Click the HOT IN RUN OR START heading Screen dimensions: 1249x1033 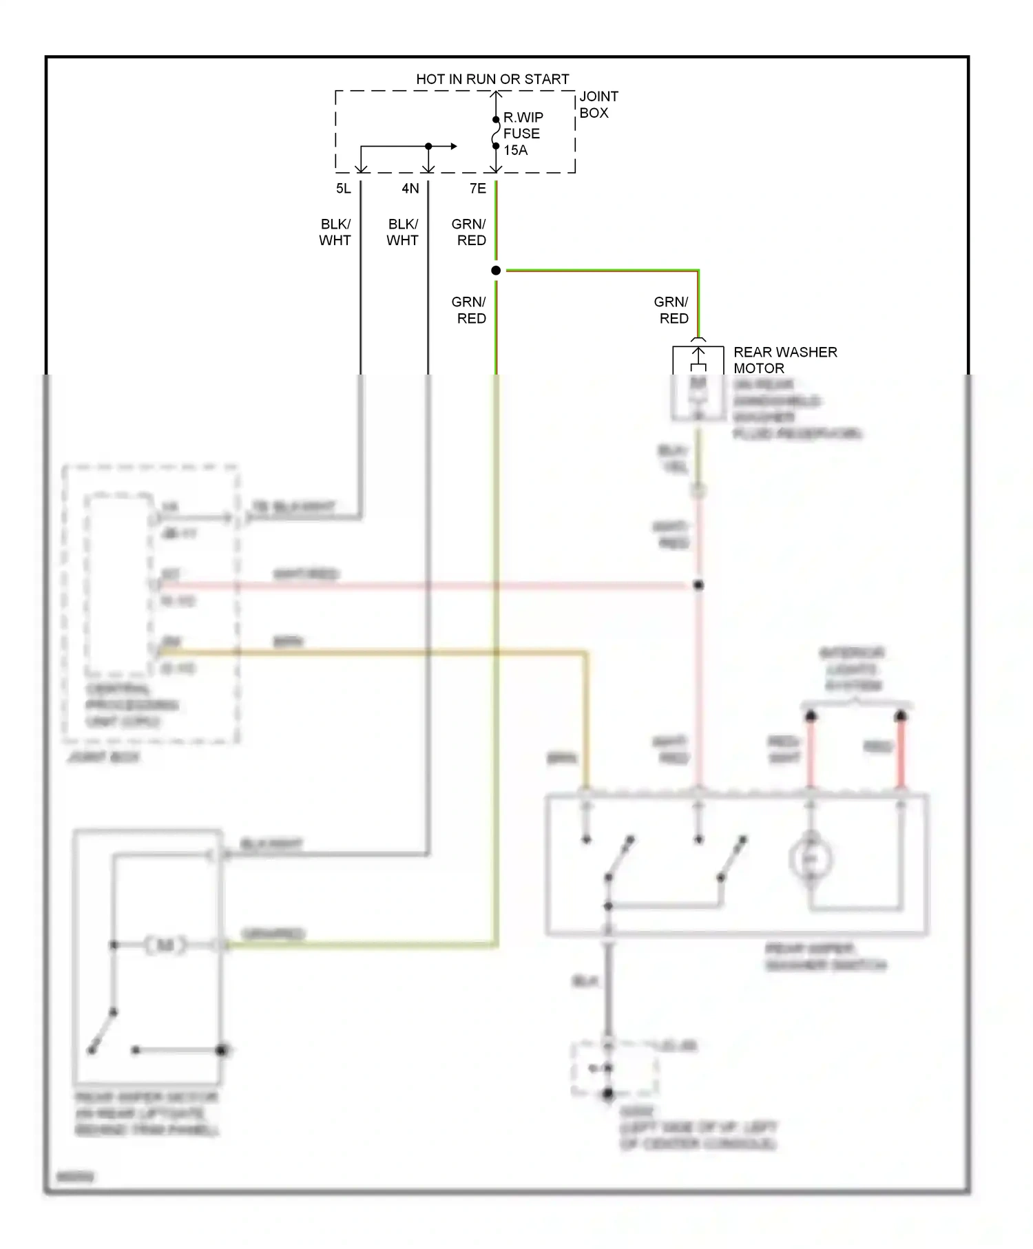click(x=492, y=79)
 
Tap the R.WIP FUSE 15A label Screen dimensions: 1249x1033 click(x=523, y=134)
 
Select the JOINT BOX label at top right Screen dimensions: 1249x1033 click(x=598, y=105)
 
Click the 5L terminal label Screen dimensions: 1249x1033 click(x=344, y=189)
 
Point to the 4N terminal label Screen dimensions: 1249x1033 click(x=410, y=189)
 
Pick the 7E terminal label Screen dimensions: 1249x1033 click(x=478, y=189)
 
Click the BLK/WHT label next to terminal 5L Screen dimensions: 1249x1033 click(x=335, y=232)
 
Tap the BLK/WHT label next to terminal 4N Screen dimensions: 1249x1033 click(x=403, y=232)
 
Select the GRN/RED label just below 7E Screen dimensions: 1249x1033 click(x=470, y=232)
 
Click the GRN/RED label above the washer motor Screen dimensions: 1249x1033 click(x=672, y=310)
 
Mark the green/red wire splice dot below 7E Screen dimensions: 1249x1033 click(x=496, y=271)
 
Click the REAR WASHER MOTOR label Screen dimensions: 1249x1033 click(x=784, y=360)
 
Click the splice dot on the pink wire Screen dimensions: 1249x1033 click(x=698, y=585)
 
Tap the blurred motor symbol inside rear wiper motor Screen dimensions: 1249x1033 click(x=165, y=945)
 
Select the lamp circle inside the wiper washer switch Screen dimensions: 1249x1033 click(x=811, y=859)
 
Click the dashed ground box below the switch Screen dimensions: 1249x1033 click(x=614, y=1069)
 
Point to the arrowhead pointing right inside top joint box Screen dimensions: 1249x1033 click(x=453, y=146)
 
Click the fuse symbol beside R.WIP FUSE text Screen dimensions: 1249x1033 click(x=496, y=133)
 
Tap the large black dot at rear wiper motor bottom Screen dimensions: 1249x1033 click(x=222, y=1050)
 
